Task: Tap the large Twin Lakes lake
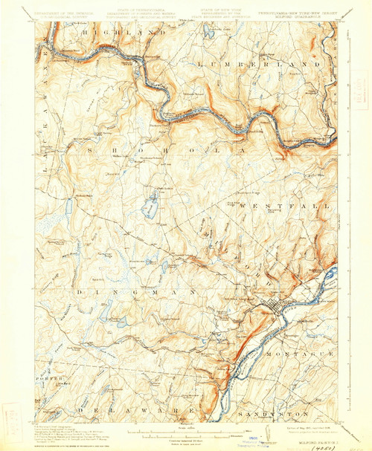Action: [151, 209]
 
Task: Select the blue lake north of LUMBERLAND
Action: [208, 31]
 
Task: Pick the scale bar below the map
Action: [186, 429]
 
